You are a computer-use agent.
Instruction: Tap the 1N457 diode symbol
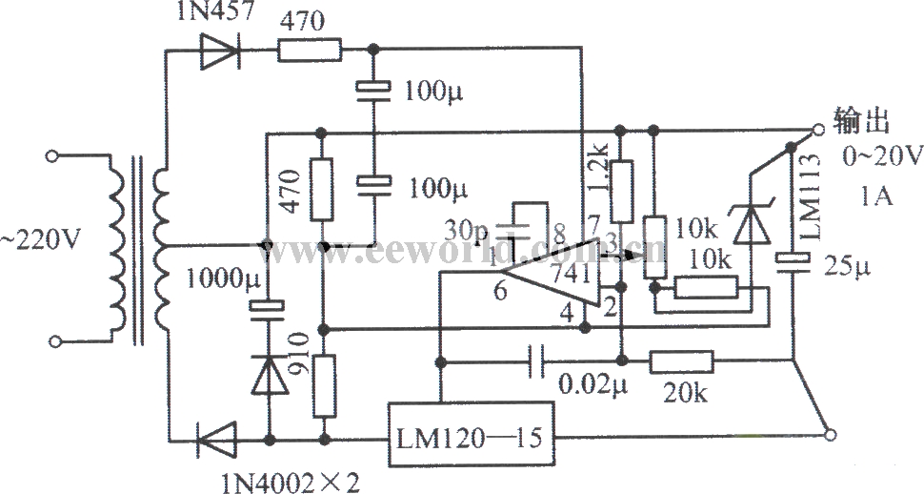221,49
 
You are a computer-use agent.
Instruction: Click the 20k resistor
681,360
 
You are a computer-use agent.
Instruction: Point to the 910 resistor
324,385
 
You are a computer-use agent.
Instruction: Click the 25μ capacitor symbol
793,259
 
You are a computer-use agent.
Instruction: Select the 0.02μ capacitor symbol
536,360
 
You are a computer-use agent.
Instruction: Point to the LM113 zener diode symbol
752,224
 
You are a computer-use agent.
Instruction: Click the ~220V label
40,243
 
